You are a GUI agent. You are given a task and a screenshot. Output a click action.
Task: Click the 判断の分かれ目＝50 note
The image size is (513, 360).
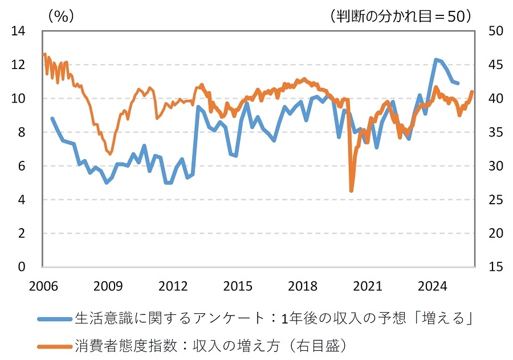pos(402,16)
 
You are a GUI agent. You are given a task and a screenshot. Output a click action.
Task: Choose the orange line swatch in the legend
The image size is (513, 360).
pos(55,345)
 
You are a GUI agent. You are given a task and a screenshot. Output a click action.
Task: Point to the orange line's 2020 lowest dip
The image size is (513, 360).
pos(351,191)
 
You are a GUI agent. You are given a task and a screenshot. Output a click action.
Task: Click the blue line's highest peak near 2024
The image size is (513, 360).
pos(436,59)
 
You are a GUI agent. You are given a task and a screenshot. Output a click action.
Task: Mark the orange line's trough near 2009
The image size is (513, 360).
pos(109,153)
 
